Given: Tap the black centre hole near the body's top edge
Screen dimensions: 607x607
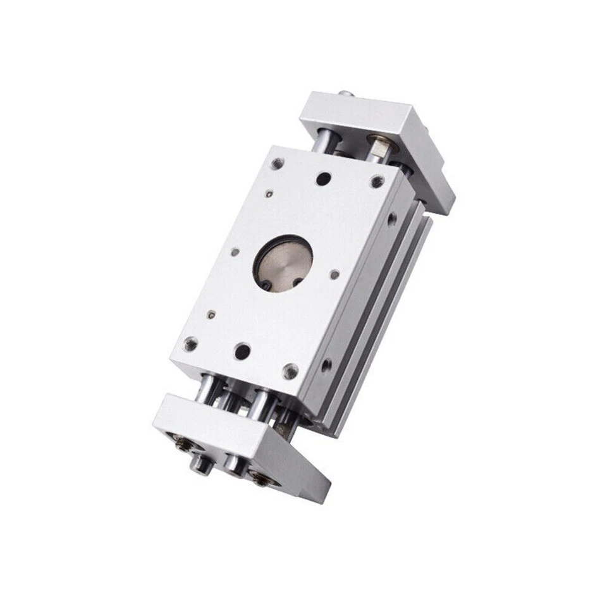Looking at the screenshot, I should pyautogui.click(x=323, y=179).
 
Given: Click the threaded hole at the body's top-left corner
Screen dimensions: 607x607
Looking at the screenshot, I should pyautogui.click(x=277, y=164).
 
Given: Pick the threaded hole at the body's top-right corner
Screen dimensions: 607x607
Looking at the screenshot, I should pyautogui.click(x=377, y=181).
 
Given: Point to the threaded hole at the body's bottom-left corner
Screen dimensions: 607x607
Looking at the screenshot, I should pyautogui.click(x=190, y=345).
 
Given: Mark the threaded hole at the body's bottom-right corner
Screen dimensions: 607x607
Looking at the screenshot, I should pyautogui.click(x=290, y=371).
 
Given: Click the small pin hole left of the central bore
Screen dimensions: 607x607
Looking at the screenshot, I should pyautogui.click(x=235, y=252).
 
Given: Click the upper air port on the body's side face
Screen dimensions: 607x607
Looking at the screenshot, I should pyautogui.click(x=392, y=219).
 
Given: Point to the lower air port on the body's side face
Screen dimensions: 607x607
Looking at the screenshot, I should pyautogui.click(x=326, y=365).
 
